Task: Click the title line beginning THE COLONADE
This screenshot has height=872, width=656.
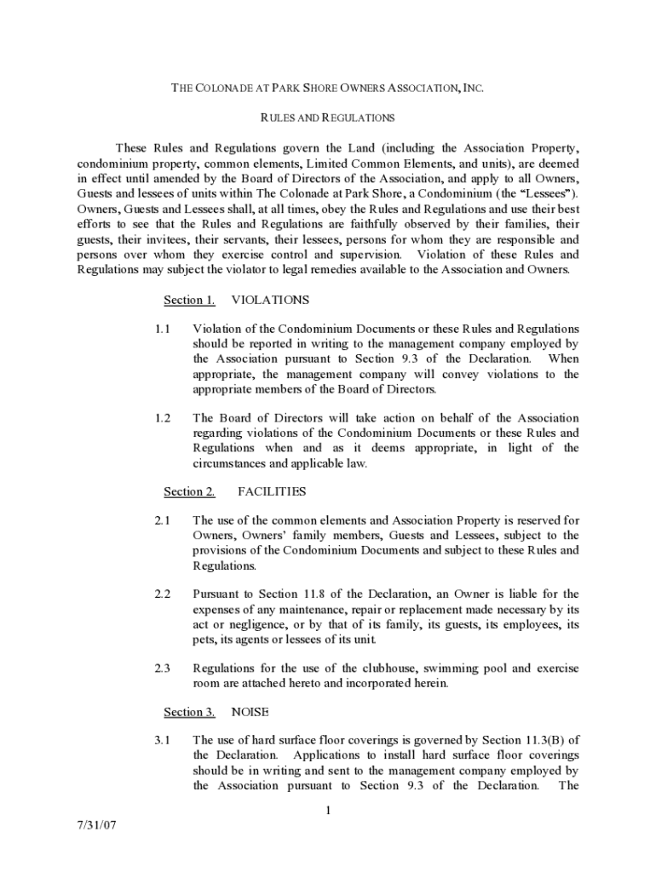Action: coord(328,88)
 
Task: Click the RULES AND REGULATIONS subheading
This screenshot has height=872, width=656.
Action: coord(327,118)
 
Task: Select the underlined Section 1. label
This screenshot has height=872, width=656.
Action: coord(189,300)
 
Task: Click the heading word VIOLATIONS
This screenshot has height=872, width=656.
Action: coord(270,300)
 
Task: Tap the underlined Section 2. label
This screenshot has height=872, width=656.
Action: coord(189,491)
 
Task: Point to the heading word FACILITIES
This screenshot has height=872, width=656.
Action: coord(272,491)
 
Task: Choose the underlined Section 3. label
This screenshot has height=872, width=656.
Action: coord(189,712)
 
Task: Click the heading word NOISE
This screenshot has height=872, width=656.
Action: coord(250,712)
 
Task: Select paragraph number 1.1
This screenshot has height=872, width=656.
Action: coord(163,329)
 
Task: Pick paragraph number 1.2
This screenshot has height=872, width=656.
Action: coord(163,418)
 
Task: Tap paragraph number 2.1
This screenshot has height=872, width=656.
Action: coord(163,520)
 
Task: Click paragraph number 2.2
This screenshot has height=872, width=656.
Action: coord(163,594)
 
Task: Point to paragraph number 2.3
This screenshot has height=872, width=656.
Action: coord(163,668)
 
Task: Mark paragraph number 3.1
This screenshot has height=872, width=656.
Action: coord(163,740)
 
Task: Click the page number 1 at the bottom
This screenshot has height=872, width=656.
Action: coord(327,811)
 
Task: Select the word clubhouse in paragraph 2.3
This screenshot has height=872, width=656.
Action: coord(371,668)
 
